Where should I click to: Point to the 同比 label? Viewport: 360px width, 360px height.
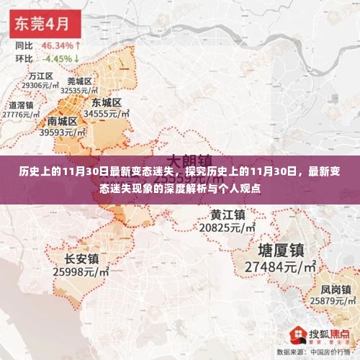click(24, 44)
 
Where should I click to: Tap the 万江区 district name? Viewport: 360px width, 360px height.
click(41, 76)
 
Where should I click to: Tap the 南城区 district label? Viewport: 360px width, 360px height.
click(63, 121)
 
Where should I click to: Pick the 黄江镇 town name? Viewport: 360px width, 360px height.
click(228, 215)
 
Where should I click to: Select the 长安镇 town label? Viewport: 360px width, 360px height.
click(81, 258)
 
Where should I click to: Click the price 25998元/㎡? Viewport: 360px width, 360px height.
click(81, 271)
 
